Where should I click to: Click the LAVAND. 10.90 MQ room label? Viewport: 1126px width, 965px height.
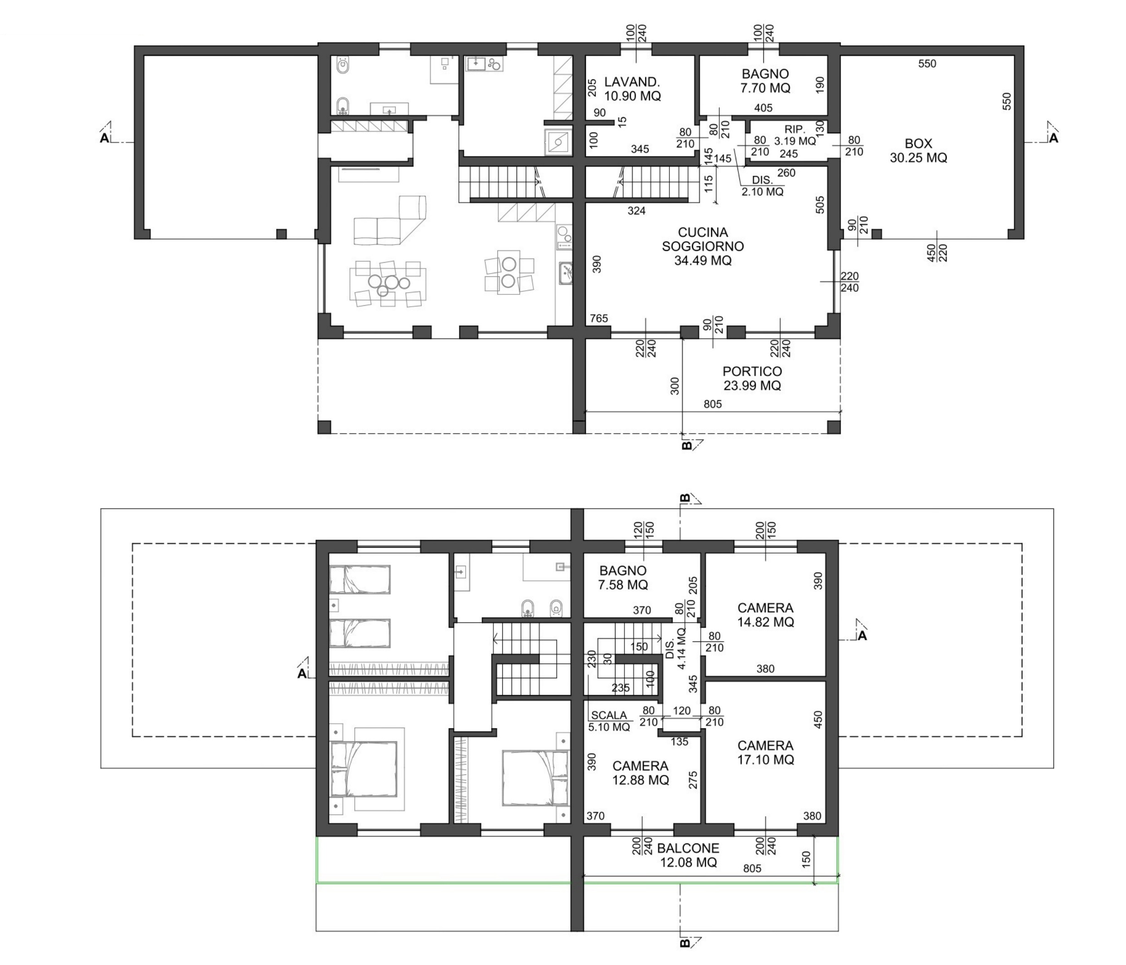pos(633,89)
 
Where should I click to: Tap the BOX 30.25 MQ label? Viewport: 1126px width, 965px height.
pos(919,151)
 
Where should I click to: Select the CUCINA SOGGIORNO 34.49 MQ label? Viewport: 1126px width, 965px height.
pos(703,247)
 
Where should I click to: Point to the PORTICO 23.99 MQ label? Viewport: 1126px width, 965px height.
pos(752,378)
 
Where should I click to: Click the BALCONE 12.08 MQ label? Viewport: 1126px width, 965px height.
pos(688,855)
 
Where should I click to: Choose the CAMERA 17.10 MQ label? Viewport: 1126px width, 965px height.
pos(765,753)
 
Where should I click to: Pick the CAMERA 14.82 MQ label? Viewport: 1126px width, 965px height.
pos(765,615)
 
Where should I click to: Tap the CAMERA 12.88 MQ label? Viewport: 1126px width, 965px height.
pos(640,773)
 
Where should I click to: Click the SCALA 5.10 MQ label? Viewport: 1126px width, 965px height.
pos(609,721)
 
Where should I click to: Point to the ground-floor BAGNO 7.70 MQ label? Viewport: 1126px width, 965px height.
pos(765,80)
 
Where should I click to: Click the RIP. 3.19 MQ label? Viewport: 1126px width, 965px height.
pos(795,135)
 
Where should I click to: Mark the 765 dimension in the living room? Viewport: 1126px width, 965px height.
pos(599,318)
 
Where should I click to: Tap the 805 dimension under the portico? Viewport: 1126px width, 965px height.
pos(713,404)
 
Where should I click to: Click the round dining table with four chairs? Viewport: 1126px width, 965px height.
pos(509,273)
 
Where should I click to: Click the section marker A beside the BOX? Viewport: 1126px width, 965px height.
pos(1053,138)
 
